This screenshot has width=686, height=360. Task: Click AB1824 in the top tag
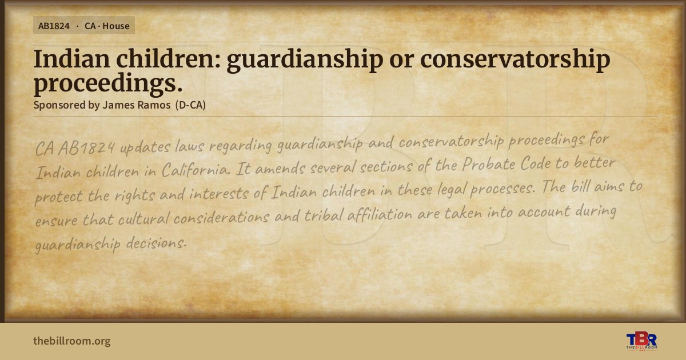coord(54,26)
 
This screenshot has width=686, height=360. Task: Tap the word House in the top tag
coord(115,26)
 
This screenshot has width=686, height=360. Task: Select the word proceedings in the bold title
coord(108,83)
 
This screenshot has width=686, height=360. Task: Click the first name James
coord(118,105)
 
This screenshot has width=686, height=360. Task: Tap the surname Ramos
coord(154,105)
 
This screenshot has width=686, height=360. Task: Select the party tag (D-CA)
coord(190,105)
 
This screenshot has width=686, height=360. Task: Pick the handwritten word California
coord(196,169)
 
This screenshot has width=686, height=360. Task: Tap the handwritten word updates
coord(145,147)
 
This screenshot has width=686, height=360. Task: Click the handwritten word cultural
coord(143,218)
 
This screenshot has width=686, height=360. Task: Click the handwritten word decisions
coord(156,243)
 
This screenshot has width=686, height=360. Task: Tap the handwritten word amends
coord(280,168)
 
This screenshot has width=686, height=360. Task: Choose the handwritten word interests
coord(218,194)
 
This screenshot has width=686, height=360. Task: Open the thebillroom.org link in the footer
coord(72,341)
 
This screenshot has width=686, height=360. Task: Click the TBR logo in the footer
coord(641,341)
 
